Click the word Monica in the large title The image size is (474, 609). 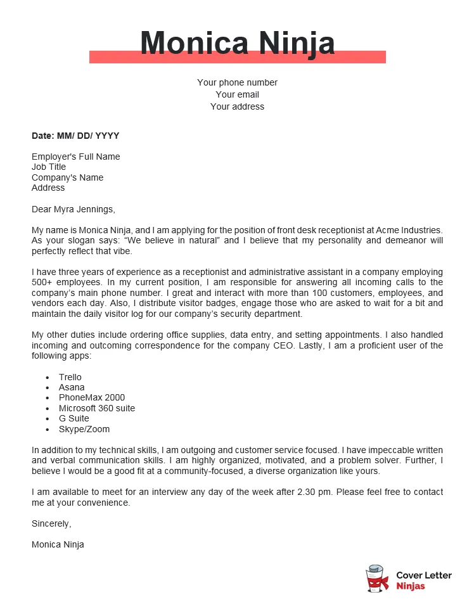(x=189, y=43)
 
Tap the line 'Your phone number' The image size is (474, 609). (x=237, y=82)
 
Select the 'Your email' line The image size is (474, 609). (x=237, y=94)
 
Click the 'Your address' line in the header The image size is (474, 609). (x=237, y=106)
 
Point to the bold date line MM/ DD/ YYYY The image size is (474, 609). (x=75, y=136)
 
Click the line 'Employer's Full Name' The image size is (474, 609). (x=75, y=157)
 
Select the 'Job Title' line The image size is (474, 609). (x=49, y=167)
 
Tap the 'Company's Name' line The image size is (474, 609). (x=67, y=177)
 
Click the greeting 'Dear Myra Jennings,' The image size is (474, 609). (x=74, y=208)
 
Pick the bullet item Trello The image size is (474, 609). (x=70, y=377)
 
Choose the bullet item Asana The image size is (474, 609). (x=72, y=387)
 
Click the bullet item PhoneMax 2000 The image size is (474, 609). (x=92, y=397)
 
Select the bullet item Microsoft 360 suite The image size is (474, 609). (x=97, y=408)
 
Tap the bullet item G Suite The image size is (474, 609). (x=74, y=418)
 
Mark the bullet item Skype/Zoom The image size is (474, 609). (x=84, y=429)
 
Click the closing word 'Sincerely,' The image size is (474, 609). (x=51, y=523)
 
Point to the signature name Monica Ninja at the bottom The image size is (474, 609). (x=58, y=544)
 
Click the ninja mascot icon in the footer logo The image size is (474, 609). (x=377, y=579)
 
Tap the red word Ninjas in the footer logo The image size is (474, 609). (x=411, y=586)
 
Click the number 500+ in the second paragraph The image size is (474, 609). (x=43, y=282)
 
